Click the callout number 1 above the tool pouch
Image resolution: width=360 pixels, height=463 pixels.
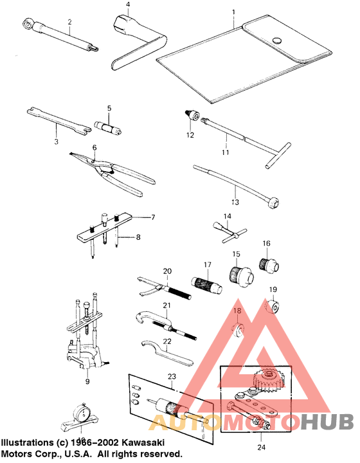pos(233,12)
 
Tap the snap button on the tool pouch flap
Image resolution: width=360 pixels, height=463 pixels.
pos(278,39)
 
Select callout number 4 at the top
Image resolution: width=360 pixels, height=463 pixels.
pos(128,5)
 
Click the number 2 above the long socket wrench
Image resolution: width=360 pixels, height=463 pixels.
pos(69,22)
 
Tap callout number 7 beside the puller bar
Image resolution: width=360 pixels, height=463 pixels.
pos(154,217)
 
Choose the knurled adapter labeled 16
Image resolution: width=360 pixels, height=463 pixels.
pos(267,262)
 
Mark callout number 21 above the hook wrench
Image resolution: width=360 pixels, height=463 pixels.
pos(166,305)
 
